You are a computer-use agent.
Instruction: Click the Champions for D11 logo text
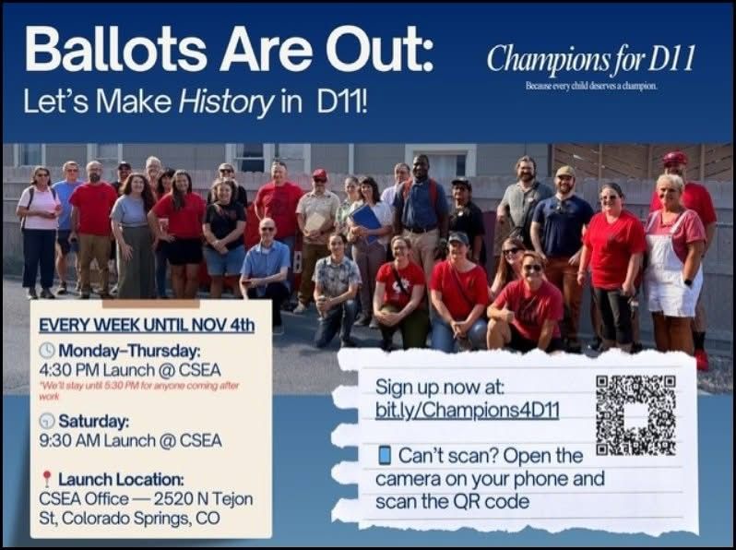click(x=590, y=60)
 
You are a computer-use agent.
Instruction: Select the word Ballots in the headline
click(x=101, y=50)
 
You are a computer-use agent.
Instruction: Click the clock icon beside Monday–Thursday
click(x=48, y=352)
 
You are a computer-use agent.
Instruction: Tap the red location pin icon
click(x=47, y=479)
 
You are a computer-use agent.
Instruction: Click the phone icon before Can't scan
click(x=385, y=456)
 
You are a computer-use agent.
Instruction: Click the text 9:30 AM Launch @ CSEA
click(x=130, y=441)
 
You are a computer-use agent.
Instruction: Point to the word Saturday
click(x=93, y=422)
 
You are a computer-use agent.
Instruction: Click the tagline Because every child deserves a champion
click(x=590, y=86)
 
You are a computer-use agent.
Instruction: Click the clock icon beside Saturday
click(x=47, y=422)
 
